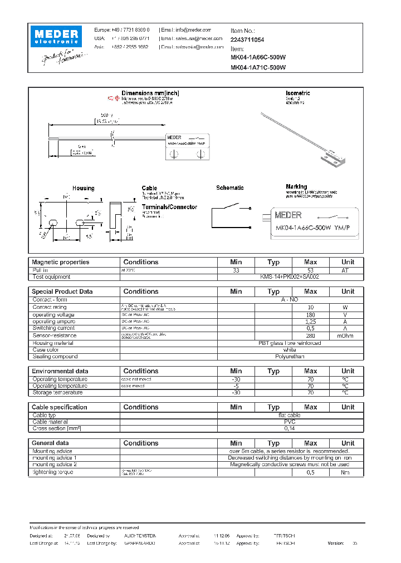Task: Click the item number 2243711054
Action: pyautogui.click(x=247, y=40)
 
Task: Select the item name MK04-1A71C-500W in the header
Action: pyautogui.click(x=258, y=67)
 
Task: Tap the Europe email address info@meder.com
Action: pyautogui.click(x=187, y=30)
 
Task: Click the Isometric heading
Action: pyautogui.click(x=297, y=93)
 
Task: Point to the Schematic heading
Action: pyautogui.click(x=229, y=188)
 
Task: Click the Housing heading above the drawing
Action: pyautogui.click(x=83, y=189)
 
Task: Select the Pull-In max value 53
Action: pyautogui.click(x=310, y=270)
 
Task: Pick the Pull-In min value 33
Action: pyautogui.click(x=236, y=270)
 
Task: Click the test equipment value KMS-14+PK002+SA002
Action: pyautogui.click(x=290, y=276)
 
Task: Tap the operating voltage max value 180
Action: pyautogui.click(x=310, y=314)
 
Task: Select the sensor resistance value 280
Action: pyautogui.click(x=310, y=335)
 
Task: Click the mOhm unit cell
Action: pyautogui.click(x=348, y=335)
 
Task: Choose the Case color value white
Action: pyautogui.click(x=290, y=350)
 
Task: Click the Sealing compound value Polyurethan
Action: pyautogui.click(x=290, y=357)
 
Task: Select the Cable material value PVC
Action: pyautogui.click(x=290, y=422)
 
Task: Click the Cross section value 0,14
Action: pyautogui.click(x=290, y=429)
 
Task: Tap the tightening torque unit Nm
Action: pyautogui.click(x=348, y=472)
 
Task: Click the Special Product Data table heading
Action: pyautogui.click(x=62, y=292)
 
